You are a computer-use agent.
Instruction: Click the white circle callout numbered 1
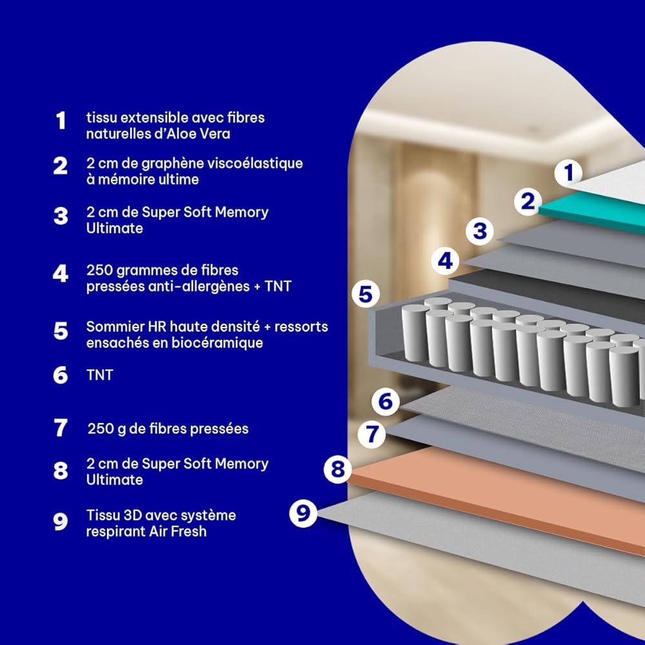(x=568, y=172)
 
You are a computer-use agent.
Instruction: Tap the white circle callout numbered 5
(x=366, y=294)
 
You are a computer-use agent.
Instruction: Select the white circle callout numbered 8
(x=337, y=469)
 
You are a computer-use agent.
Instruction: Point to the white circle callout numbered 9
(x=303, y=513)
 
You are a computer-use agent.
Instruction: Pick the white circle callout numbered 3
(x=480, y=231)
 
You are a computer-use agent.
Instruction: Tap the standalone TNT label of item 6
(x=99, y=375)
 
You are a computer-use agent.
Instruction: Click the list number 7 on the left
(x=61, y=428)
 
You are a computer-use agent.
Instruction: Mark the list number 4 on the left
(x=61, y=273)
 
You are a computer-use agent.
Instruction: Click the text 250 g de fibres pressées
(x=168, y=429)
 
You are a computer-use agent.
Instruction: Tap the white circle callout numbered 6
(x=386, y=401)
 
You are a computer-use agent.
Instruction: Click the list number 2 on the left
(x=61, y=166)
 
